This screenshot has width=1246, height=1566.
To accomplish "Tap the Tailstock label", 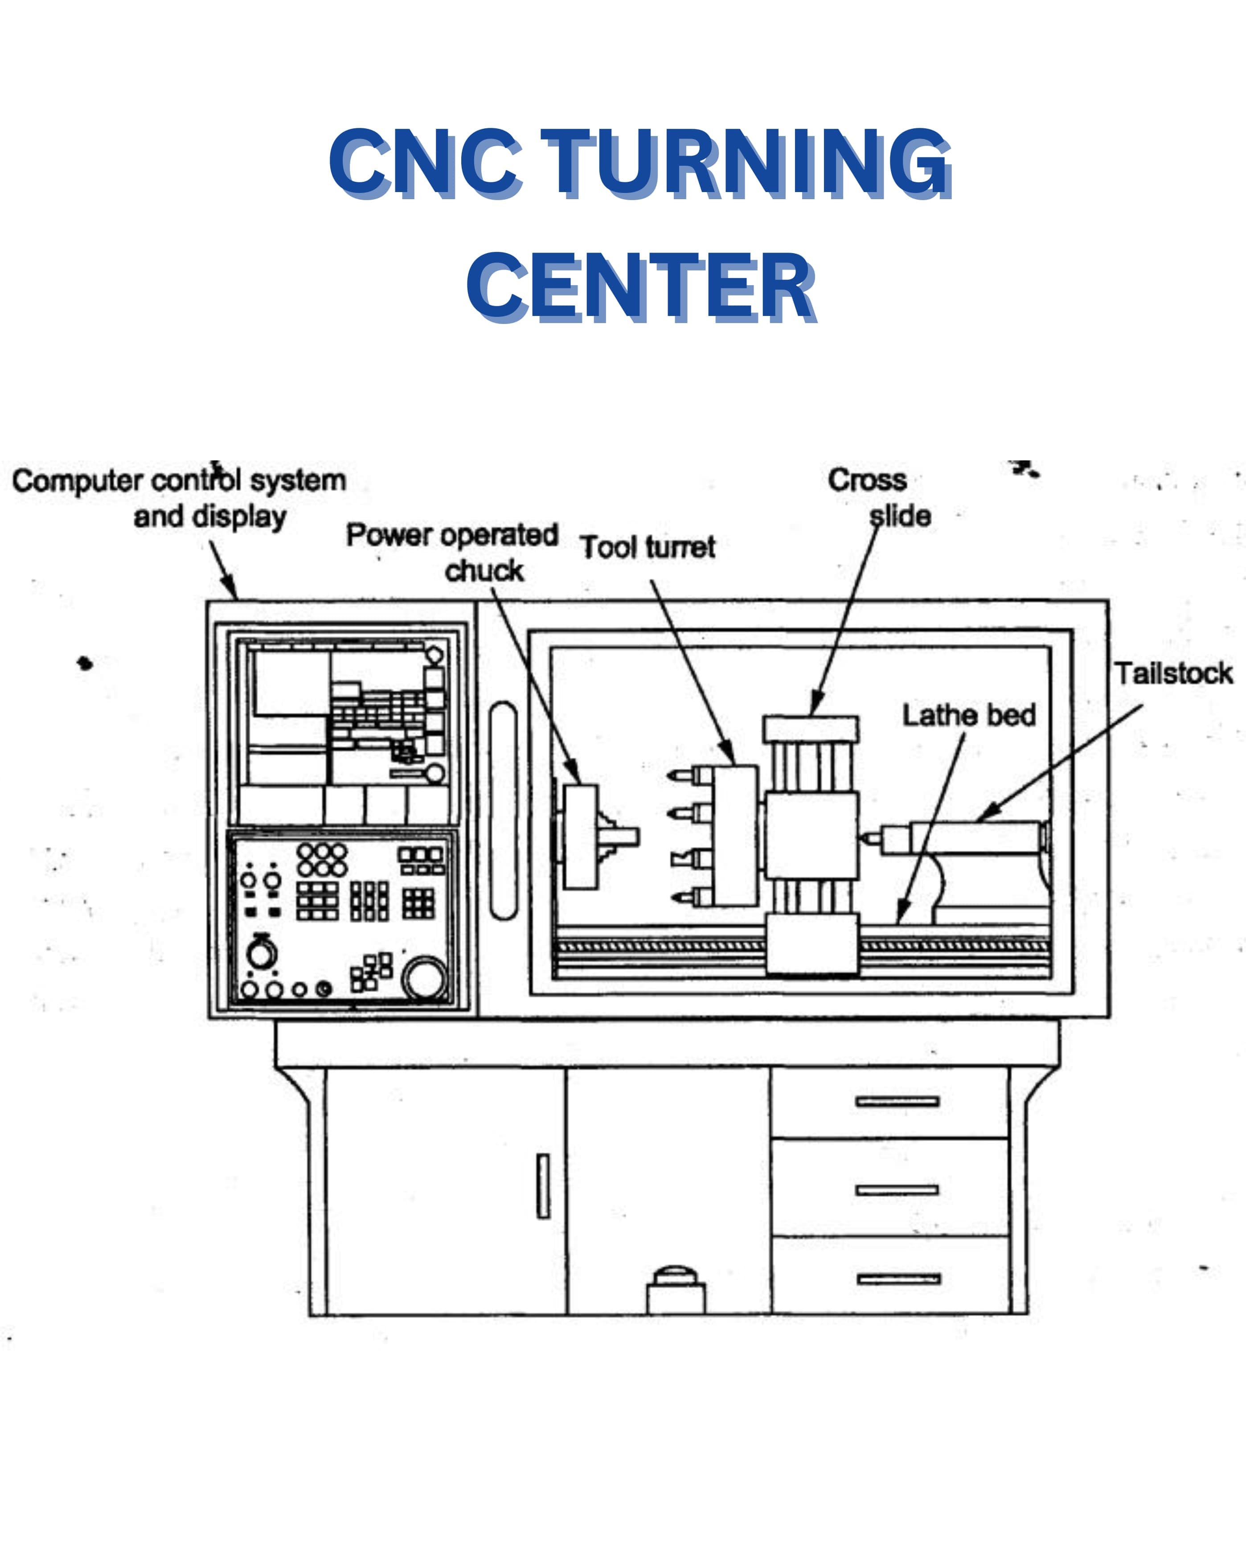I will pyautogui.click(x=1173, y=673).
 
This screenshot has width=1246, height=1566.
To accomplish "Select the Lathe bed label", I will pyautogui.click(x=968, y=715).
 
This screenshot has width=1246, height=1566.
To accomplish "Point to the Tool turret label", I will pyautogui.click(x=648, y=547).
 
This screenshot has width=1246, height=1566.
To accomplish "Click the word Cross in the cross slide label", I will pyautogui.click(x=868, y=480).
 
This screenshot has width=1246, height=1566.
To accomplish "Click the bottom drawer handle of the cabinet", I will pyautogui.click(x=899, y=1279).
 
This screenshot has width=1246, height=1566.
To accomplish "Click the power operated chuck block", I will pyautogui.click(x=581, y=837).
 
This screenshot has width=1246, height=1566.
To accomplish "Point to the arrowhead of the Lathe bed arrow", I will pyautogui.click(x=901, y=915).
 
